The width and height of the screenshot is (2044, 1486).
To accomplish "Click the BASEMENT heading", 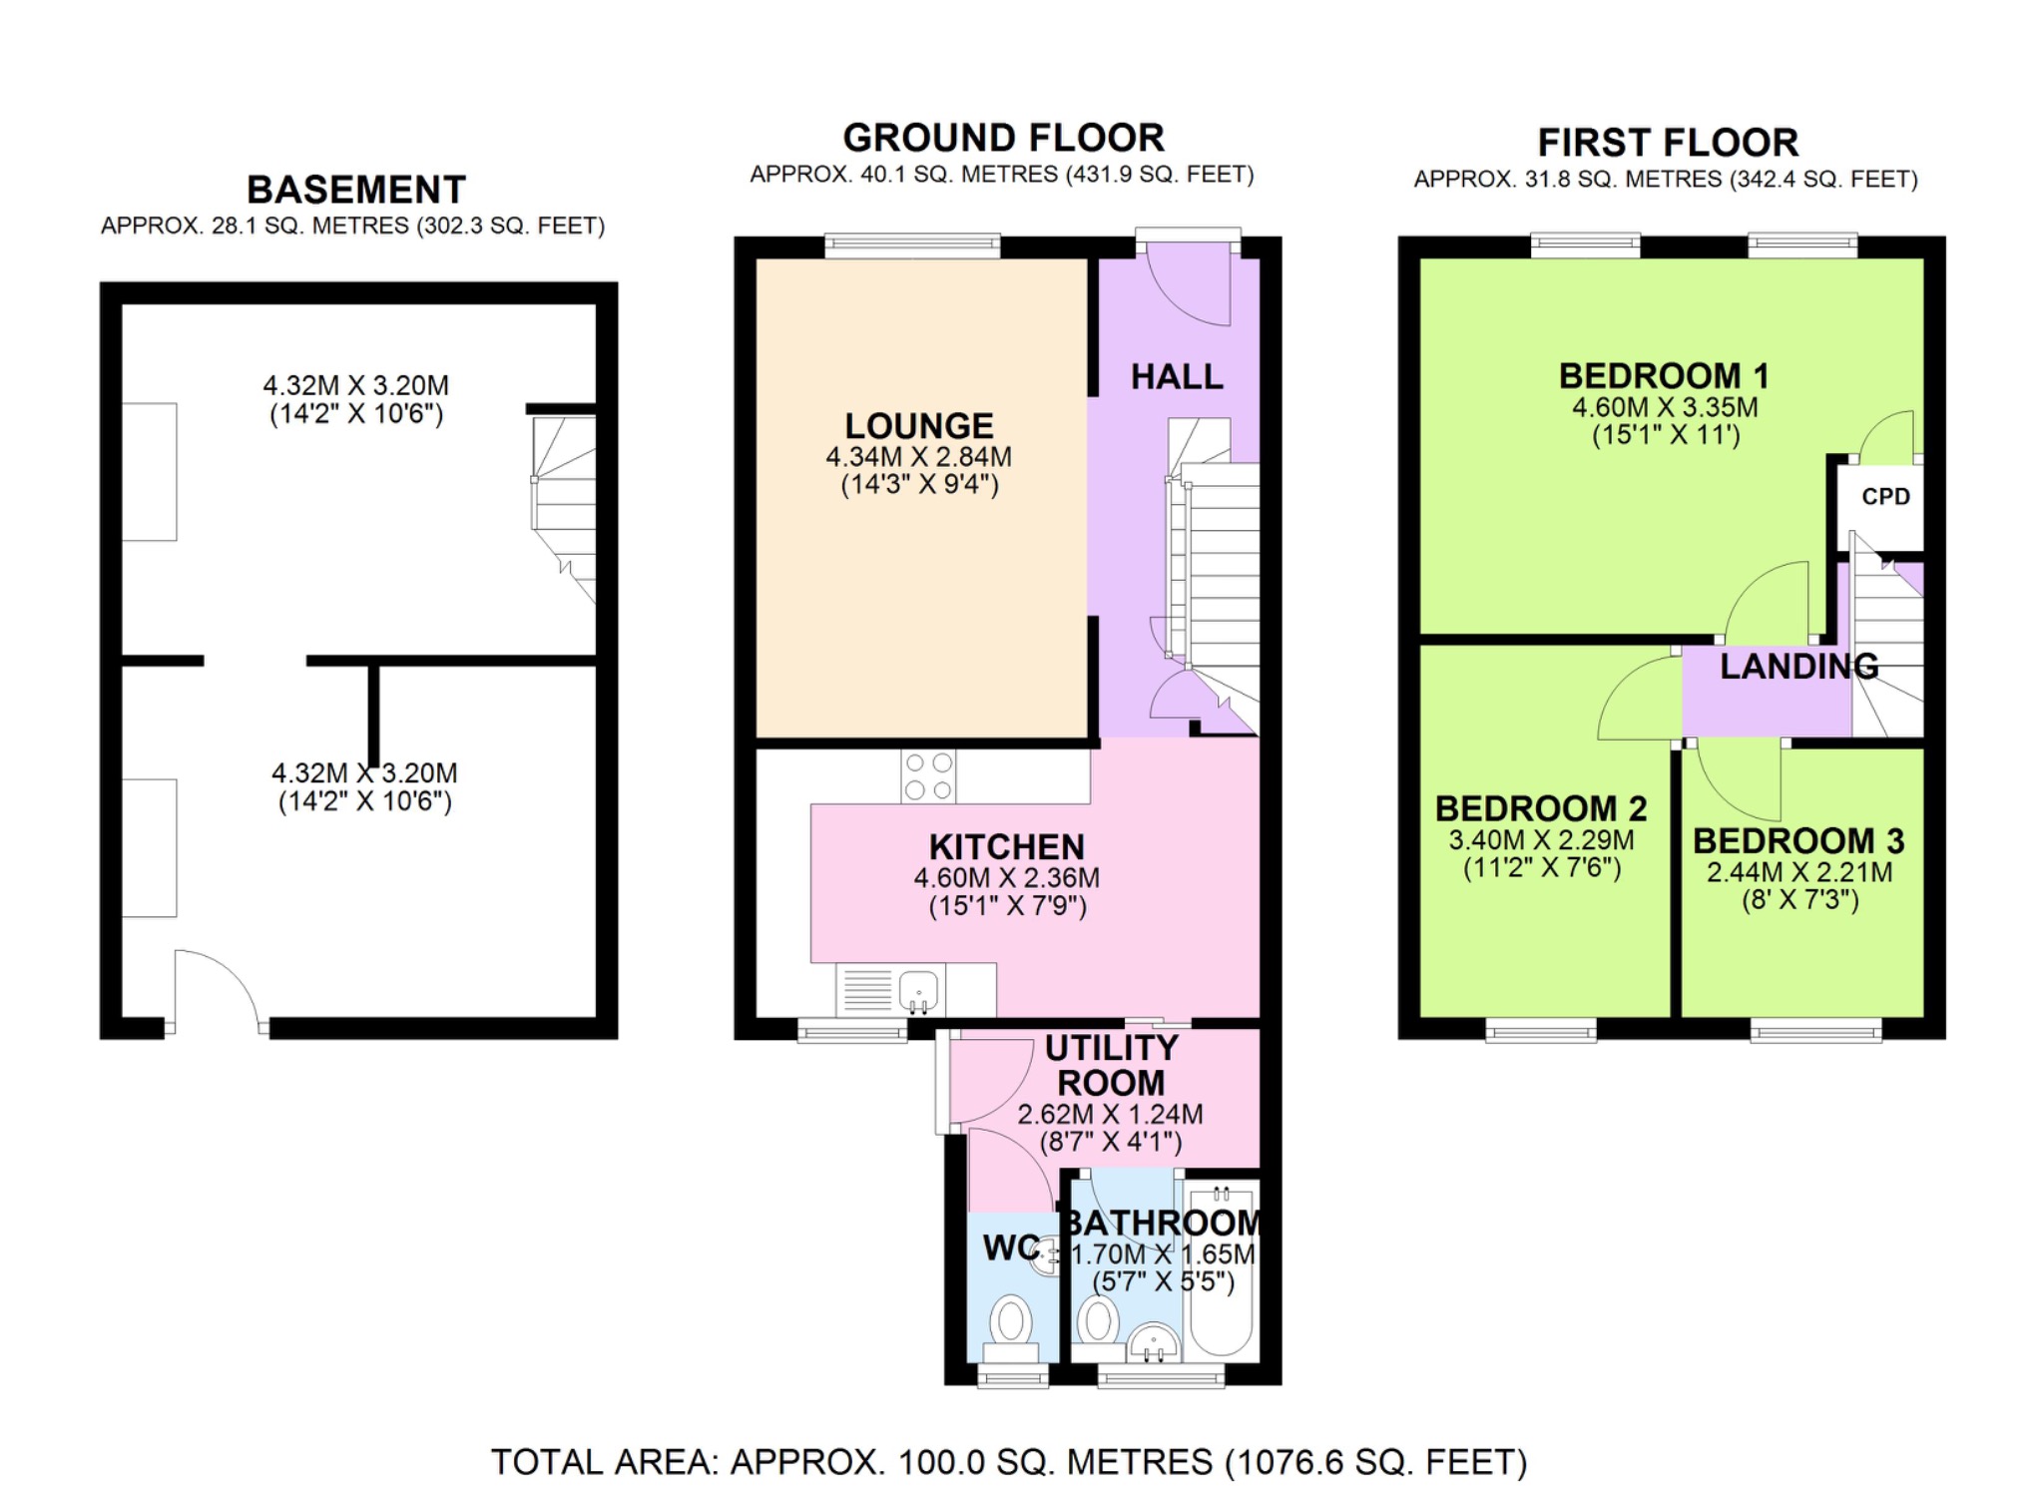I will (x=356, y=190).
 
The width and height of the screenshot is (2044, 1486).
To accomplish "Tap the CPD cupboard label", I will (x=1885, y=496).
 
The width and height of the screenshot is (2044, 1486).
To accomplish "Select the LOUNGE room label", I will (x=918, y=426).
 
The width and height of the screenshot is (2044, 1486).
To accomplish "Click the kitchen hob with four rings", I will (x=928, y=777).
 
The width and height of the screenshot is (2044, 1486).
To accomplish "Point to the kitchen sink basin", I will (x=918, y=991).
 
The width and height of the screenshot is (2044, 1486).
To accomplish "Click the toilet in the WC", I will (x=1011, y=1325).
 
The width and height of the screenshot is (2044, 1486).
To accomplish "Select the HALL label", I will (x=1177, y=377).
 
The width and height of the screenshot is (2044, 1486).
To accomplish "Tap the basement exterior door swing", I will (x=215, y=988).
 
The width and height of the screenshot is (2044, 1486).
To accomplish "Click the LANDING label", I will (x=1798, y=666).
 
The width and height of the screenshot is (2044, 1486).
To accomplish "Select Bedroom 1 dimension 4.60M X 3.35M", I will (x=1665, y=407).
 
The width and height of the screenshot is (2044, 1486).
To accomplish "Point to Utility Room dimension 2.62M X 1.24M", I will (x=1110, y=1115).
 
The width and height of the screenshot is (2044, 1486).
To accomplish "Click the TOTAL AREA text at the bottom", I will (x=1008, y=1462).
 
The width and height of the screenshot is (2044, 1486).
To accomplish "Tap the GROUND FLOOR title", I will (x=1003, y=138).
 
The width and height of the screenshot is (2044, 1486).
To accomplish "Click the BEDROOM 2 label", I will (x=1541, y=807).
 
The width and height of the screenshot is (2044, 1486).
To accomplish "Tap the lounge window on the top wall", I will (x=912, y=245).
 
